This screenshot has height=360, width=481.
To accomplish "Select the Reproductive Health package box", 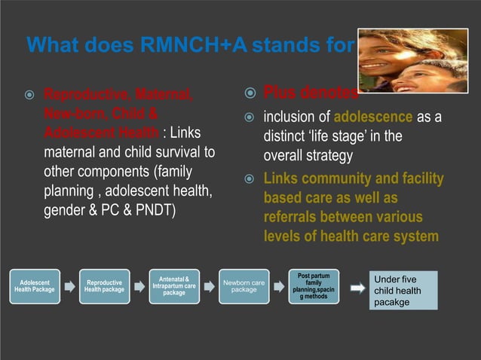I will click(104, 286).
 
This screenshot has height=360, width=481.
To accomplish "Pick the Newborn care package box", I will click(244, 286).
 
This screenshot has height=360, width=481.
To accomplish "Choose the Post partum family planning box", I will click(314, 286).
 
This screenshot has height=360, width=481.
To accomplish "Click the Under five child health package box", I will click(403, 291).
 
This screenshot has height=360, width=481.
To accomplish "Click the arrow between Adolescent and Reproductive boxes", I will click(69, 286).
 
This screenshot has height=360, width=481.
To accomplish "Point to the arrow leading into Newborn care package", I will click(209, 286).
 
